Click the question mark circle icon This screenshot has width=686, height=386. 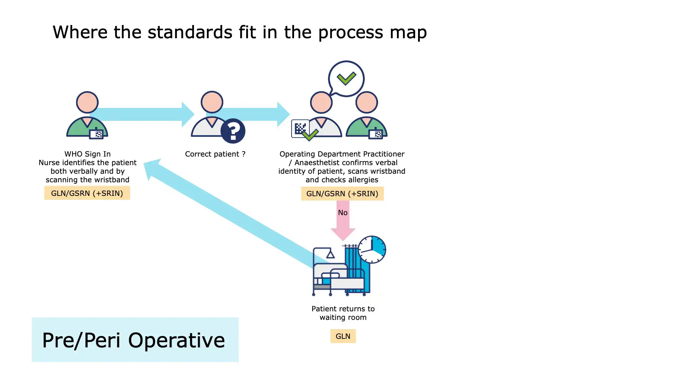pyautogui.click(x=233, y=131)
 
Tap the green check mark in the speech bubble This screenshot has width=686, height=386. pyautogui.click(x=346, y=78)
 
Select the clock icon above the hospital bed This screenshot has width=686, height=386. pyautogui.click(x=372, y=249)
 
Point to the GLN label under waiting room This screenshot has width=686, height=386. pyautogui.click(x=343, y=336)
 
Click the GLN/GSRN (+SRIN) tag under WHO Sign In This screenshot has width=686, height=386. pyautogui.click(x=87, y=193)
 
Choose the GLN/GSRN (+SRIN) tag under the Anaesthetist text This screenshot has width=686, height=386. pyautogui.click(x=342, y=193)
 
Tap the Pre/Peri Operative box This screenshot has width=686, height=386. pyautogui.click(x=135, y=340)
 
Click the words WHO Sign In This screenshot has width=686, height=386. pyautogui.click(x=87, y=154)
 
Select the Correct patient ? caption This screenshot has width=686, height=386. pyautogui.click(x=215, y=154)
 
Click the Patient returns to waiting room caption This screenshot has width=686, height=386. pyautogui.click(x=343, y=313)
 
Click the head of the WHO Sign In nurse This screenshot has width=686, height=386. pyautogui.click(x=87, y=102)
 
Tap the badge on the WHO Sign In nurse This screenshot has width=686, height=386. pyautogui.click(x=96, y=134)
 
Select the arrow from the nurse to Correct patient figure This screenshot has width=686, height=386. pyautogui.click(x=143, y=114)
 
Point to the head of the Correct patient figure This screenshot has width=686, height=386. pyautogui.click(x=212, y=102)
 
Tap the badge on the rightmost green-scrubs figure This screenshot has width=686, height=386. pyautogui.click(x=376, y=134)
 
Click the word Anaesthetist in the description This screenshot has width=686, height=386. pyautogui.click(x=317, y=162)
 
